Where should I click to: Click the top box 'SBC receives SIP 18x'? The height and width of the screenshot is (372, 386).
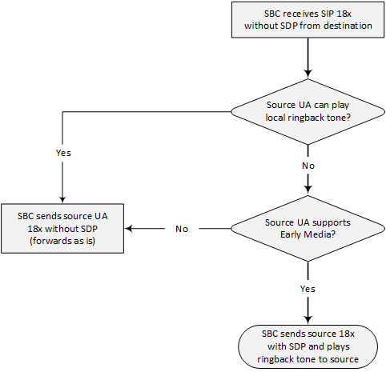pos(308,20)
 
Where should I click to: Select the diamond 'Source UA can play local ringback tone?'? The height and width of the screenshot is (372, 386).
pos(308,112)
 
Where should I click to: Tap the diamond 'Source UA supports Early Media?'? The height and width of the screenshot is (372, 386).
pos(308,229)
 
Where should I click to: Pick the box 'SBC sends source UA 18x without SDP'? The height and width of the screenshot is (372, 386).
pos(62,229)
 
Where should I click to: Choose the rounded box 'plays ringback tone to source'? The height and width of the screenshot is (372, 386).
pos(308,346)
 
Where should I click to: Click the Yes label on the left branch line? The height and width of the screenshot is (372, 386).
pos(63,153)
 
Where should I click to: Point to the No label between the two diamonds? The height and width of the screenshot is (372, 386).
pos(308,166)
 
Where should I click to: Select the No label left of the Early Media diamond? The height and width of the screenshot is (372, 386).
pos(182,229)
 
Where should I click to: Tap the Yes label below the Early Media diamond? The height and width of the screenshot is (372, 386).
pos(308,289)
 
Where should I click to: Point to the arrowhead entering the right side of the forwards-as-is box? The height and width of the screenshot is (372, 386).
pos(129,229)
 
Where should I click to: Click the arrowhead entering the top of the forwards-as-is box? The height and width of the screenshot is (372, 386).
pos(62,200)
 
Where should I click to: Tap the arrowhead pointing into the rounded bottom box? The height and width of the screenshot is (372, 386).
pos(308,320)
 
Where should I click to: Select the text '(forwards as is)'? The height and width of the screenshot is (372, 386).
pos(62,241)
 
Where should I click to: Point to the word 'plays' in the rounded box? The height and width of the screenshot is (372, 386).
pos(338,346)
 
